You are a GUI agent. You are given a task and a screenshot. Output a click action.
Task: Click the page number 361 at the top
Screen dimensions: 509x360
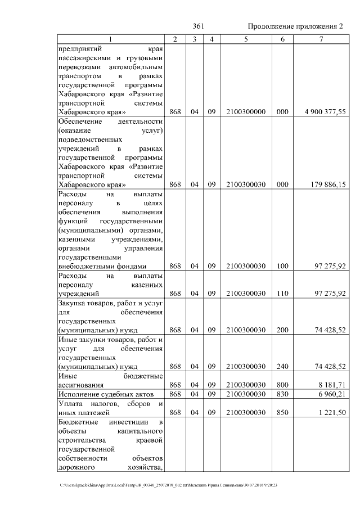[197, 26]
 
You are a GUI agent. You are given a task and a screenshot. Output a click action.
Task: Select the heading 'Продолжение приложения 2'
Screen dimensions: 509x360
[295, 26]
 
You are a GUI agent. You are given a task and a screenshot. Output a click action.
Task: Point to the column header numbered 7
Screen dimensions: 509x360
[321, 39]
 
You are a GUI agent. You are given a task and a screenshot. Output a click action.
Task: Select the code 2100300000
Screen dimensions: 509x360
[245, 112]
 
